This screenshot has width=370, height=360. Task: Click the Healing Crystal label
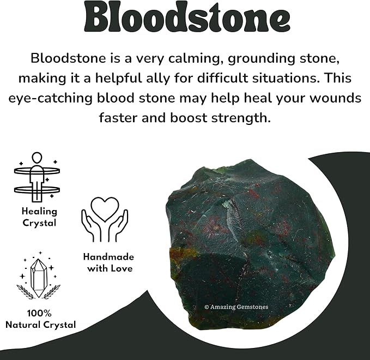tap(39, 217)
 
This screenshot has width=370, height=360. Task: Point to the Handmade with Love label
tap(108, 262)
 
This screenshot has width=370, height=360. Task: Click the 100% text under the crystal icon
tap(39, 314)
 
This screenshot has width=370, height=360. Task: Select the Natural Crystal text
tap(40, 325)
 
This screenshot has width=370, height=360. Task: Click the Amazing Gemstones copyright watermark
tap(236, 307)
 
